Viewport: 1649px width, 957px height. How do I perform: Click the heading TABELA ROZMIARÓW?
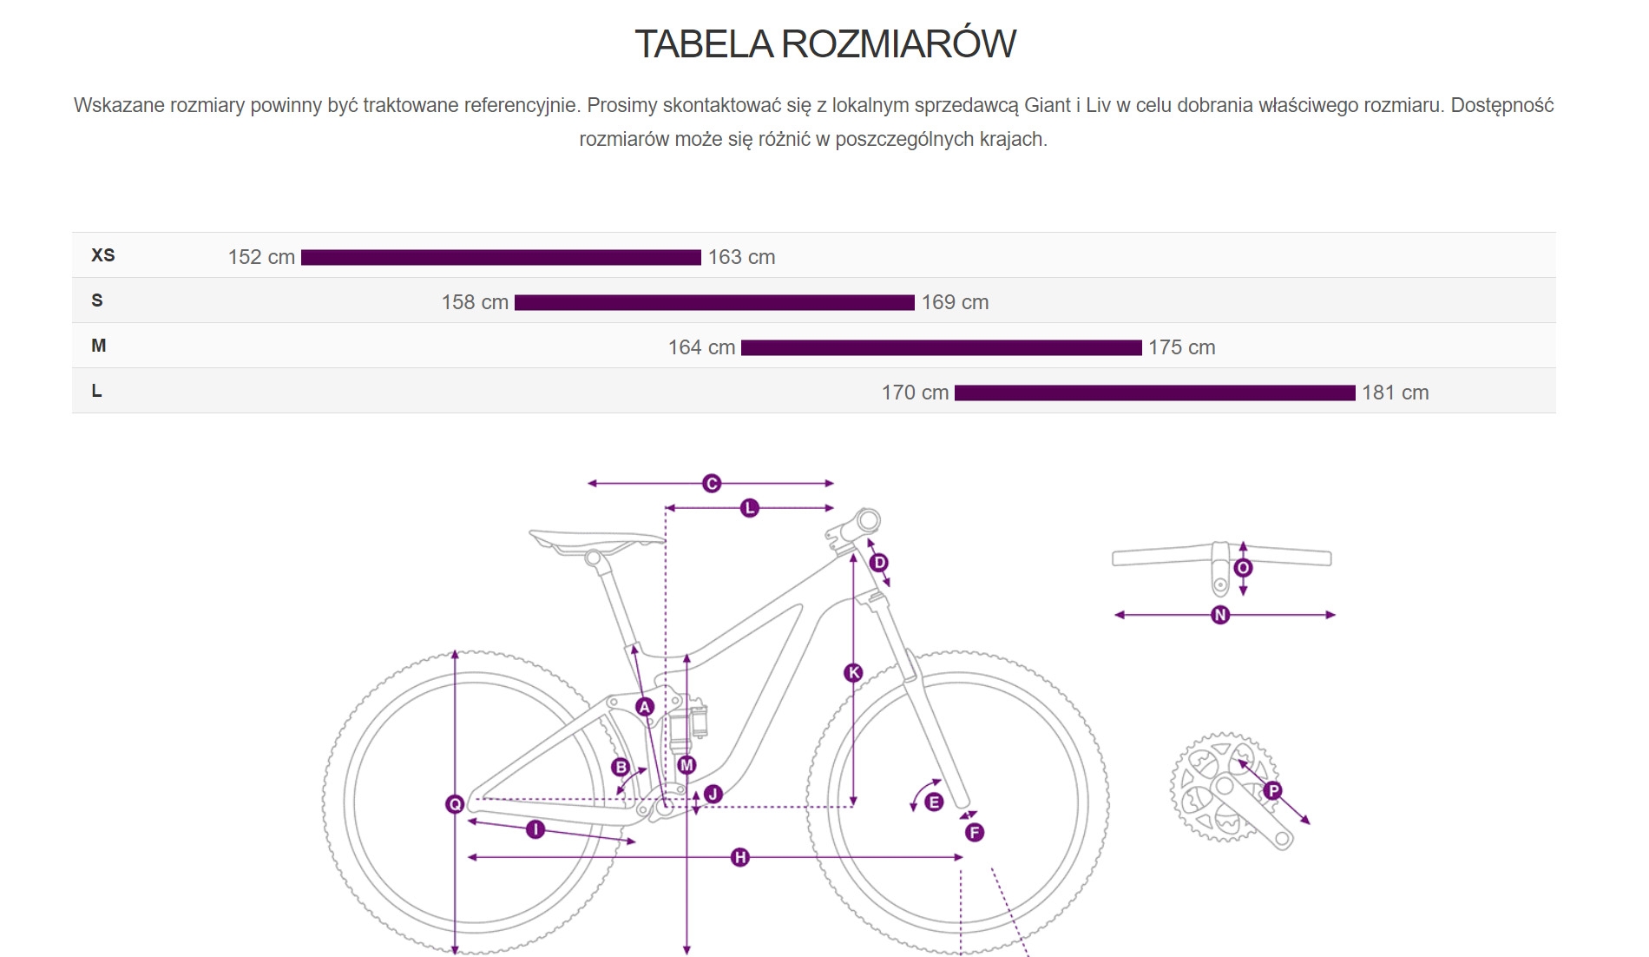[x=824, y=44]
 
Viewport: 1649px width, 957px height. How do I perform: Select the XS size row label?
[x=103, y=255]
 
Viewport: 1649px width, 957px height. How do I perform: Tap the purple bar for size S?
[x=714, y=302]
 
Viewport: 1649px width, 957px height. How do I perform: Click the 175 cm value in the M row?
[x=1181, y=347]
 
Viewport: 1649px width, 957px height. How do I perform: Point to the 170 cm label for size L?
[x=915, y=393]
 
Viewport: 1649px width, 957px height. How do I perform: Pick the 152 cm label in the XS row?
[x=261, y=257]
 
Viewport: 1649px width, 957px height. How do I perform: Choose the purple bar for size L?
[x=1154, y=393]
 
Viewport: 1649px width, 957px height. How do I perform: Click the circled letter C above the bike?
[x=712, y=484]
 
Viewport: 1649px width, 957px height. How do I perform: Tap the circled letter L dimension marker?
[x=750, y=508]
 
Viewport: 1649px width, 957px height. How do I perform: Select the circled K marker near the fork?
[x=854, y=673]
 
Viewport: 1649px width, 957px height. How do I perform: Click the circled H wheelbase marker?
[x=740, y=858]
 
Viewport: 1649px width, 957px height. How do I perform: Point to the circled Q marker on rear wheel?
[x=455, y=805]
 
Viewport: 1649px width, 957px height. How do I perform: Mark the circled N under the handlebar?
[x=1220, y=615]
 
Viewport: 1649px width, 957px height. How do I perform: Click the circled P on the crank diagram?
[x=1273, y=791]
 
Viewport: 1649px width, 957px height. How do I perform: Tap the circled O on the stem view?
[x=1243, y=569]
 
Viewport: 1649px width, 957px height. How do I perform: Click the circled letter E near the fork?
[x=934, y=802]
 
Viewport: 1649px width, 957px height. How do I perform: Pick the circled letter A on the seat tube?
[x=645, y=707]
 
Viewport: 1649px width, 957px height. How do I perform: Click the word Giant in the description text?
[x=1047, y=106]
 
